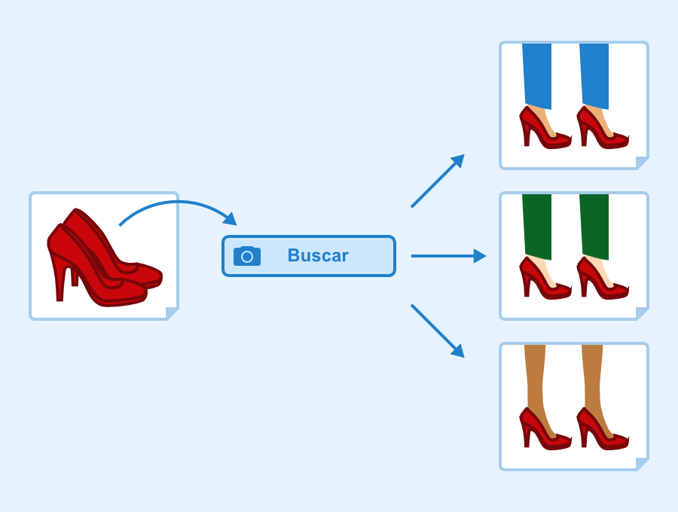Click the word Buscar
click(318, 255)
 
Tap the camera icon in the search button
click(247, 256)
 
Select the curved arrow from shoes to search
click(177, 202)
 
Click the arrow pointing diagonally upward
click(438, 181)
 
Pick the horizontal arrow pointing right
click(449, 256)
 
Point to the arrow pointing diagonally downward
click(438, 331)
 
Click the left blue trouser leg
click(537, 76)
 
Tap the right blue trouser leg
click(594, 76)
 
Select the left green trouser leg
click(537, 227)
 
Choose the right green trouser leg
click(594, 227)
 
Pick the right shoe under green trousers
click(601, 279)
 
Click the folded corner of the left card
click(171, 312)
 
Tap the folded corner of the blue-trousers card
click(641, 162)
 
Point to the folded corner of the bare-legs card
click(641, 463)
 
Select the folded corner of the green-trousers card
click(641, 312)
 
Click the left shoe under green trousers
click(544, 279)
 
